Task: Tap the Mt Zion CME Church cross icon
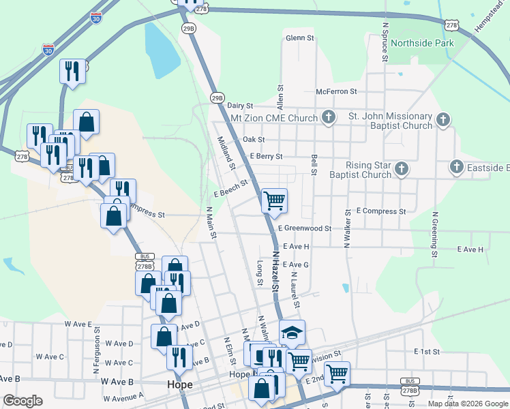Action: click(x=328, y=117)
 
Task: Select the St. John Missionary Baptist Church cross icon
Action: click(x=442, y=121)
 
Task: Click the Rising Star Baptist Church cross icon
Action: click(x=402, y=168)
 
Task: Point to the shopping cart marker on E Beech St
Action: click(x=274, y=200)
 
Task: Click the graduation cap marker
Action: click(x=292, y=333)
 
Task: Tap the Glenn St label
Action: click(x=300, y=38)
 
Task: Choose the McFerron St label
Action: click(x=336, y=91)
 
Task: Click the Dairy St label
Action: click(x=240, y=106)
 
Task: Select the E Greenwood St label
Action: click(x=305, y=229)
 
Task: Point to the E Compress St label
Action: click(x=380, y=211)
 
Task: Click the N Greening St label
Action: click(x=434, y=234)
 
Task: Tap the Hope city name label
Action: click(x=179, y=385)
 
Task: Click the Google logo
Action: click(x=22, y=400)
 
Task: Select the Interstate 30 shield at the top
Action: click(x=97, y=18)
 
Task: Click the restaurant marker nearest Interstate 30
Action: click(x=72, y=71)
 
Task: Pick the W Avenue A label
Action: click(x=123, y=395)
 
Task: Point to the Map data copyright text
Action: click(x=468, y=404)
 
